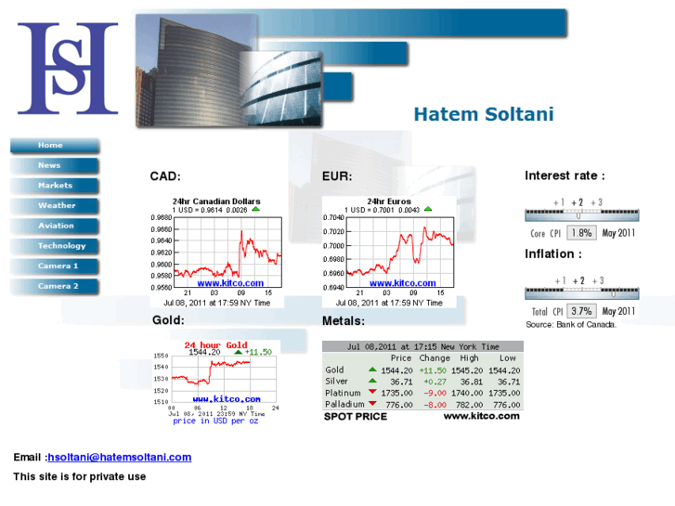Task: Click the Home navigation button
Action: pyautogui.click(x=52, y=146)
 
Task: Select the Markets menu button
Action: pyautogui.click(x=54, y=186)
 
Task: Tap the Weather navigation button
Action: pyautogui.click(x=56, y=206)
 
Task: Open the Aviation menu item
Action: pyautogui.click(x=56, y=227)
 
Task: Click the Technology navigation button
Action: pyautogui.click(x=60, y=247)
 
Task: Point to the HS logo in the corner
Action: pyautogui.click(x=68, y=69)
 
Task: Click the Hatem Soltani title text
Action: pyautogui.click(x=483, y=115)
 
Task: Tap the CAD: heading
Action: pyautogui.click(x=164, y=176)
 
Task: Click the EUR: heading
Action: pyautogui.click(x=337, y=176)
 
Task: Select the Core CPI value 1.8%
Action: pyautogui.click(x=581, y=233)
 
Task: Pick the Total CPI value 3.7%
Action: pyautogui.click(x=581, y=311)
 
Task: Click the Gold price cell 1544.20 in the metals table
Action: pyautogui.click(x=396, y=370)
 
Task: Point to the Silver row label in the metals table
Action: pyautogui.click(x=336, y=382)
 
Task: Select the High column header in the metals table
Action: pyautogui.click(x=469, y=358)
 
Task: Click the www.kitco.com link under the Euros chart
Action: pyautogui.click(x=402, y=283)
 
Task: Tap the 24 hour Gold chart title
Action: pyautogui.click(x=215, y=345)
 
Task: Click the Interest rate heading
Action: pyautogui.click(x=565, y=175)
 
